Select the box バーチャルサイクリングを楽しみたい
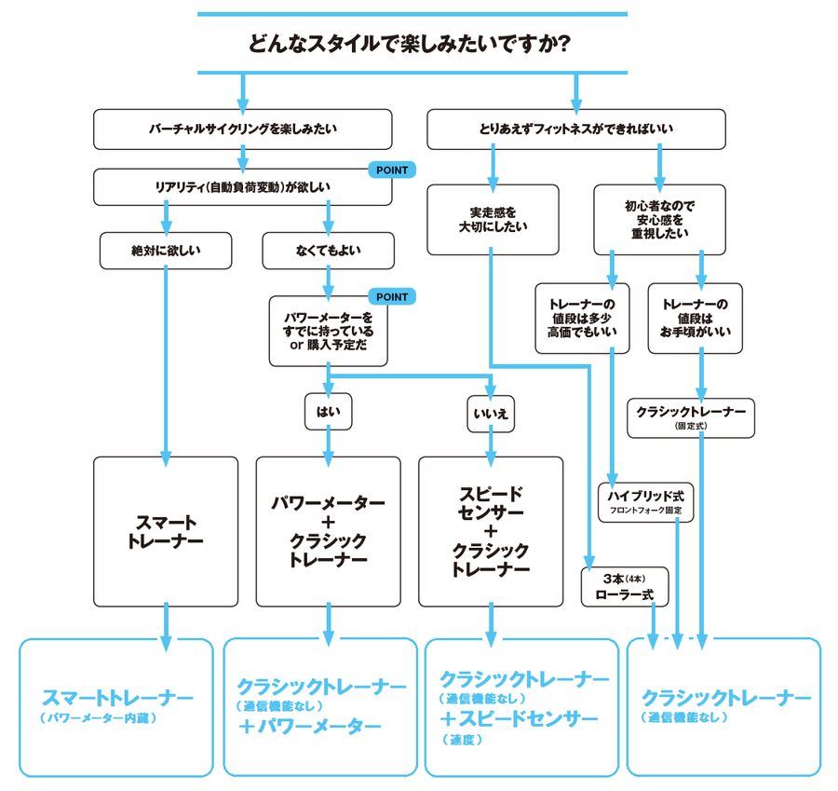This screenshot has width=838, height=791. click(242, 129)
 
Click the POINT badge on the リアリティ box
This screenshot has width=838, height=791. click(391, 170)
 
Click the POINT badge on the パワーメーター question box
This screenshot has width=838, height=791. click(391, 296)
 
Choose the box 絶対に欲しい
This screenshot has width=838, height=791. click(165, 250)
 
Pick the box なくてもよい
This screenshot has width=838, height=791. click(329, 250)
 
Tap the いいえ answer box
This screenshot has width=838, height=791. click(492, 412)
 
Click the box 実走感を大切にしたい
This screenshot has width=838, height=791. click(493, 219)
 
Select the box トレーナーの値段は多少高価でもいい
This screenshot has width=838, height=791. click(582, 318)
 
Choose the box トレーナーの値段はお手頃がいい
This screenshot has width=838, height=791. click(695, 318)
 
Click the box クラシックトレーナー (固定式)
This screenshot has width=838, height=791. click(690, 417)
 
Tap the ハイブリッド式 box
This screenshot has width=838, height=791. click(645, 502)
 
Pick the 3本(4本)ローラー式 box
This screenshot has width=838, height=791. click(623, 585)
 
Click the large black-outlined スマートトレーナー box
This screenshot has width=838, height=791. click(165, 531)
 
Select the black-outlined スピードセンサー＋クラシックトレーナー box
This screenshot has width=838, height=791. click(491, 531)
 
